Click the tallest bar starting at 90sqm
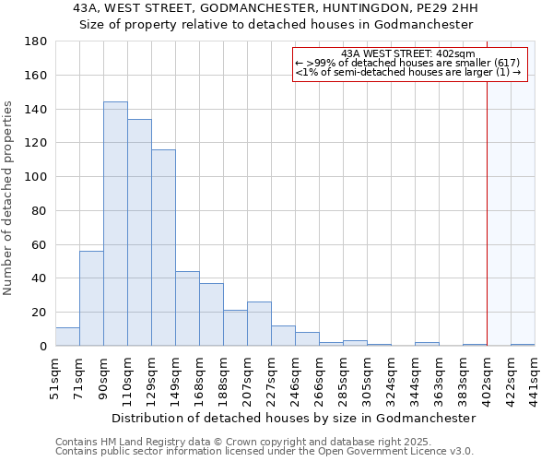coord(115,224)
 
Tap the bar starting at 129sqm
coord(163,247)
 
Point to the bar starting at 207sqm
coord(259,324)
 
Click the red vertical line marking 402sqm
coord(487,203)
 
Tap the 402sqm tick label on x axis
coord(488,376)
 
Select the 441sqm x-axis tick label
coord(535,376)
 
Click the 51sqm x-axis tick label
coord(56,376)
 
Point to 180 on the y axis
coord(36,41)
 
